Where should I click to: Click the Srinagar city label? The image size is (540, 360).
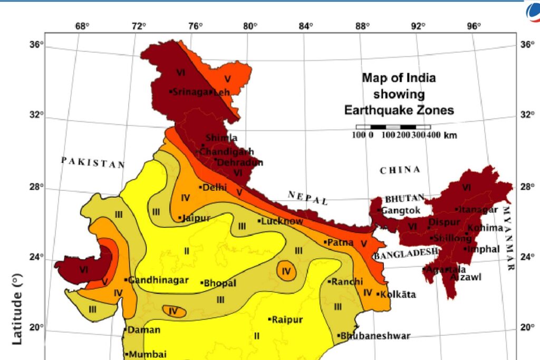pyautogui.click(x=190, y=92)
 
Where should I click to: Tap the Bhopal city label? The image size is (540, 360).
pyautogui.click(x=219, y=283)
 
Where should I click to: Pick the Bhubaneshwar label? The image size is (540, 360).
pyautogui.click(x=374, y=336)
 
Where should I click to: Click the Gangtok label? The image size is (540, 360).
pyautogui.click(x=399, y=210)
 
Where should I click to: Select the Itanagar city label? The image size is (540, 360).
pyautogui.click(x=478, y=210)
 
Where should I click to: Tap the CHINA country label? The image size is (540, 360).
pyautogui.click(x=400, y=170)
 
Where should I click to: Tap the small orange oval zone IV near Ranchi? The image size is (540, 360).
pyautogui.click(x=286, y=270)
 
